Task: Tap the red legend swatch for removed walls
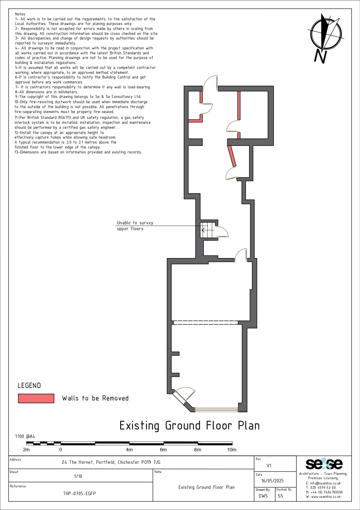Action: click(x=36, y=398)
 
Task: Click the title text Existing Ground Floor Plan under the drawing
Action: click(x=190, y=426)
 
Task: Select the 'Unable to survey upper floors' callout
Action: click(x=135, y=226)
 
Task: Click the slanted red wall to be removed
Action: click(x=232, y=156)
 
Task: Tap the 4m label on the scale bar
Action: click(x=129, y=450)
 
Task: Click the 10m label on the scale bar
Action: click(x=232, y=450)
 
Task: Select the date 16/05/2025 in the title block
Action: click(x=272, y=481)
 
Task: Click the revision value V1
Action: click(x=269, y=466)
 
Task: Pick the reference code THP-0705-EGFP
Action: click(x=79, y=493)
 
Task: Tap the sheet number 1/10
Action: click(x=78, y=476)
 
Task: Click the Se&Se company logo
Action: click(x=324, y=464)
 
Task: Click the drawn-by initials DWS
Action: click(x=263, y=496)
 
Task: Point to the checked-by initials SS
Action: click(x=280, y=496)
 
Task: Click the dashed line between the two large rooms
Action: click(x=206, y=322)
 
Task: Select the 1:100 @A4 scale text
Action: click(x=25, y=436)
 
